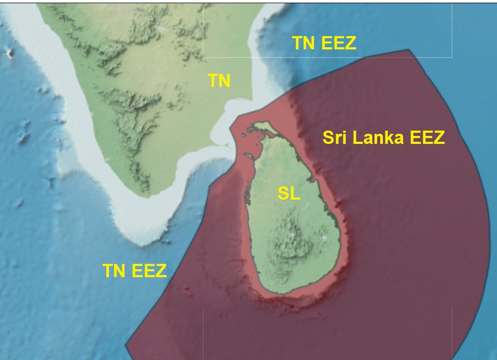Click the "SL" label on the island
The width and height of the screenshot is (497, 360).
point(289,194)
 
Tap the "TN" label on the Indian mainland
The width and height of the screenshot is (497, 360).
point(219,81)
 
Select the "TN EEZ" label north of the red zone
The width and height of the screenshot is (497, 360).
point(324,44)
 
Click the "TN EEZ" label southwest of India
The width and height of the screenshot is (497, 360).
point(135,271)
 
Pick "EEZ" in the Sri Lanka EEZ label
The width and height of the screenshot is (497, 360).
point(427,138)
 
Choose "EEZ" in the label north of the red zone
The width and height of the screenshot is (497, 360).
point(338,44)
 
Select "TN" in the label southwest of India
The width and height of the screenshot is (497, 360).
point(115,271)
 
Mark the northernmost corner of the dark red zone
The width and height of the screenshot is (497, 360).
point(409,50)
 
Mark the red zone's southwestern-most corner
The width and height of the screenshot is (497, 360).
point(126,346)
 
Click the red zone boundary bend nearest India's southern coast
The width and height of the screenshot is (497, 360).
point(211,185)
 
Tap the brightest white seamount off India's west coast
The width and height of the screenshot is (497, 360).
point(9,52)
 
